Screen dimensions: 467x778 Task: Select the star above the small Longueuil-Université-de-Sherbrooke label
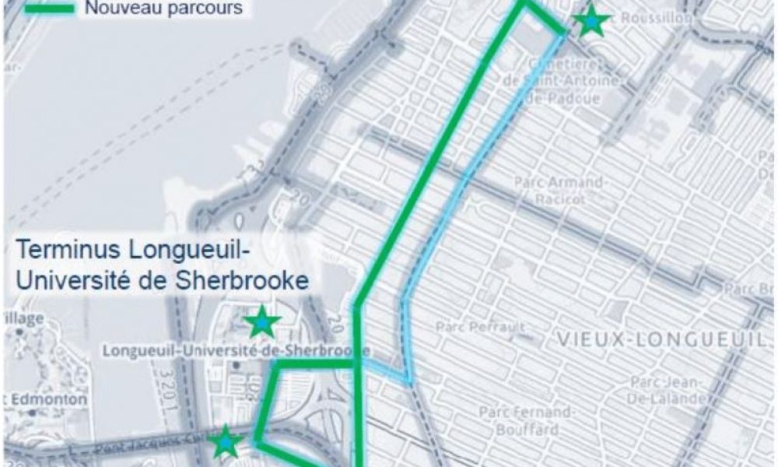tap(263, 321)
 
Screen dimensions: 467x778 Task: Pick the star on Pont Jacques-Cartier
tap(224, 441)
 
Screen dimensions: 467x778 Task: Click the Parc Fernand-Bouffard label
tap(518, 420)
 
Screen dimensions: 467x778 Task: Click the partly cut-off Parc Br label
tap(751, 289)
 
